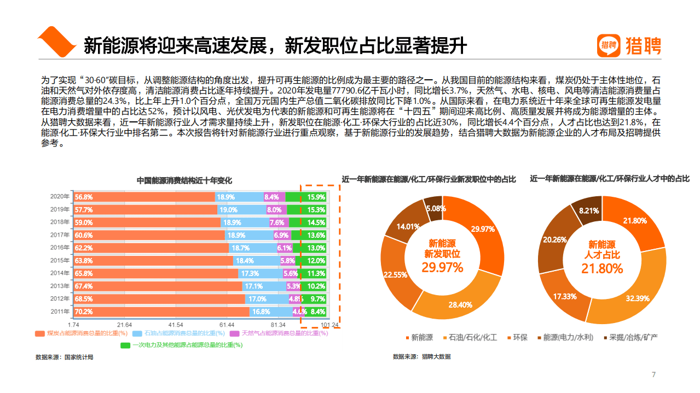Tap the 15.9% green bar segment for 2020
point(316,197)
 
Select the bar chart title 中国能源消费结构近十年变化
point(184,180)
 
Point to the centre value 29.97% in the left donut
point(442,267)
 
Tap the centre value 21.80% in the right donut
point(602,268)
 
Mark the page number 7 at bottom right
point(653,374)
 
